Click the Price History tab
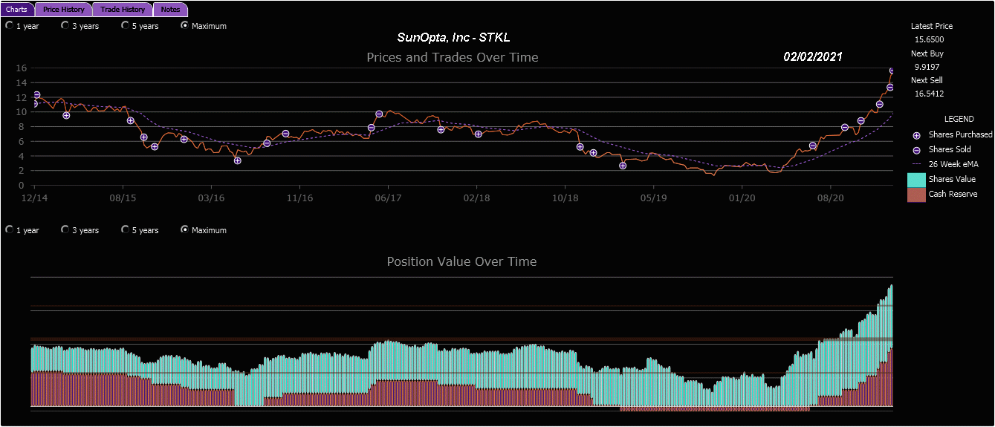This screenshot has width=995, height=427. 63,10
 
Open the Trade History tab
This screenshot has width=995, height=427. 123,10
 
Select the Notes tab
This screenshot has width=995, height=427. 170,10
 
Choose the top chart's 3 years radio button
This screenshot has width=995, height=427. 65,25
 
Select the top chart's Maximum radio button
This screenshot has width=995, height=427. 185,25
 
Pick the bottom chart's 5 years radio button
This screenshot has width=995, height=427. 126,229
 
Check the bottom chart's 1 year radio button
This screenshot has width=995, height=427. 9,229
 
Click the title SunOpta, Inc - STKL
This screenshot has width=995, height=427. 453,37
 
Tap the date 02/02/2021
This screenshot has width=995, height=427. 812,57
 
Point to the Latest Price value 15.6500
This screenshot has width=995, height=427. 929,39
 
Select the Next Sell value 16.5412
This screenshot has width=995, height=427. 929,94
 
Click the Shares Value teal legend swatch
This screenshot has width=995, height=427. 916,180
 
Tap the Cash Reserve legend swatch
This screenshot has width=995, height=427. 916,195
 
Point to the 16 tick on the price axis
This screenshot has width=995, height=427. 22,68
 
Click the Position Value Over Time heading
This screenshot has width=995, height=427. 461,261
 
